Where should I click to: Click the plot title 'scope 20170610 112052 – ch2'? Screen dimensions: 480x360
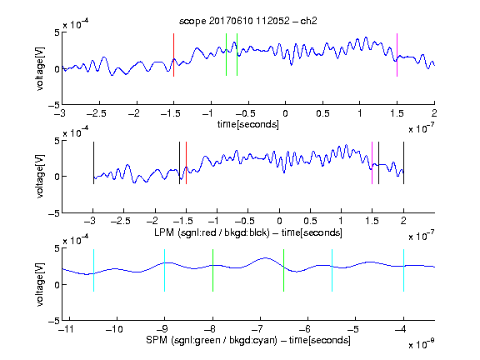tap(248, 21)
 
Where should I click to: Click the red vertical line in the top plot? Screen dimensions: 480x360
tap(173, 55)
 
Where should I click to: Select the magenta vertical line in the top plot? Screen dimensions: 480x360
tap(397, 55)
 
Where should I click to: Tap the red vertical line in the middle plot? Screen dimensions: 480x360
tap(186, 162)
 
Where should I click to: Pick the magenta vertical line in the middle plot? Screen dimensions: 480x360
tap(372, 162)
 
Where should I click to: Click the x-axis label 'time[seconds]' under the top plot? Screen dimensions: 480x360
tap(248, 124)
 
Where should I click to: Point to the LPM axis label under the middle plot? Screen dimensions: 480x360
tap(248, 232)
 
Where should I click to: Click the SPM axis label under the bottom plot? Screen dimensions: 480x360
tap(248, 340)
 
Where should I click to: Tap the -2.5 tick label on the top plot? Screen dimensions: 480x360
tap(96, 113)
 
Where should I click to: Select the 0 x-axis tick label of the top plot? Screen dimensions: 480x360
tap(285, 113)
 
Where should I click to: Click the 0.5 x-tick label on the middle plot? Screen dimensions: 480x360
tap(310, 221)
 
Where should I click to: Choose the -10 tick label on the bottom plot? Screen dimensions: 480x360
tap(114, 329)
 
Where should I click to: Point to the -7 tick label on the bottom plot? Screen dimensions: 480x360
tap(257, 329)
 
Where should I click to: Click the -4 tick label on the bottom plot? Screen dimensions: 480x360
tap(401, 329)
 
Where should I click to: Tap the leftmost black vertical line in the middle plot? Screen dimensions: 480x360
tap(93, 162)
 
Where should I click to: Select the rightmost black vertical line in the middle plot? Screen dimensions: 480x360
tap(403, 162)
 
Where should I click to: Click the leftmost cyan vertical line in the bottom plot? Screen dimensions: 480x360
tap(93, 270)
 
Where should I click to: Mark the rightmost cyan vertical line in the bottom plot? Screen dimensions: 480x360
tap(403, 270)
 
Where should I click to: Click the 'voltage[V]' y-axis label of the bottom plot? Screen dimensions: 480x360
tap(40, 284)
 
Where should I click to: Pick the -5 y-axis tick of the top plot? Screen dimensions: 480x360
tap(54, 106)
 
